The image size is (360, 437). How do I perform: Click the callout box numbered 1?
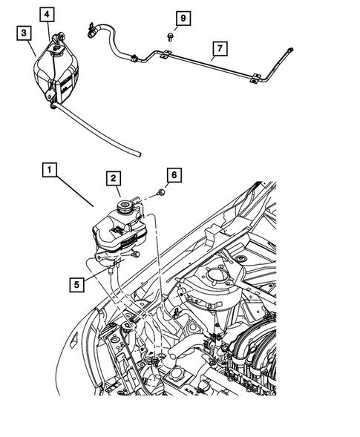tap(48, 171)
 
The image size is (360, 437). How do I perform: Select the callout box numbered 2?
tap(114, 178)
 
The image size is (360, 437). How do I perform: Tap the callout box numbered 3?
tap(24, 33)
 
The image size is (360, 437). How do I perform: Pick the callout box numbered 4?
tap(47, 14)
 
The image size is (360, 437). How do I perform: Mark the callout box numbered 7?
tap(217, 50)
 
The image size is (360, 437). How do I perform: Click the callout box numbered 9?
tap(183, 16)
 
